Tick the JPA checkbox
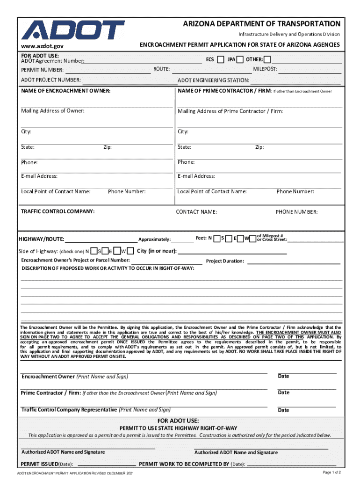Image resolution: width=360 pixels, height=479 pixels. coord(240,59)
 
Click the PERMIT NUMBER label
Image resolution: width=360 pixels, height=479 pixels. coord(42,70)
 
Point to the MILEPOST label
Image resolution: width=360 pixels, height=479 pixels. coord(265,69)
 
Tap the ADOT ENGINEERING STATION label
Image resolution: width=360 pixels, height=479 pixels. coord(213,80)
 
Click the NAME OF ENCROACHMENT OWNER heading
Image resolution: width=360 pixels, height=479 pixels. coord(66,90)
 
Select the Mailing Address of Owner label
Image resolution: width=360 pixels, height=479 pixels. coord(53,111)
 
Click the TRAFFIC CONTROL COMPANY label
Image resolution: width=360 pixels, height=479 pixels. coord(58,211)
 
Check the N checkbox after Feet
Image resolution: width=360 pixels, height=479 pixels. coord(216,239)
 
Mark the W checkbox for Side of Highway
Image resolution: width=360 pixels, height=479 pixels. coord(130,251)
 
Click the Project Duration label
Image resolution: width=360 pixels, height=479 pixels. coord(225,261)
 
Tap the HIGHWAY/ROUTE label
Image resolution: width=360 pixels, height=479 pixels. coord(41,239)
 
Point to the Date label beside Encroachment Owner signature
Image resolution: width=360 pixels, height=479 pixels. coord(283,376)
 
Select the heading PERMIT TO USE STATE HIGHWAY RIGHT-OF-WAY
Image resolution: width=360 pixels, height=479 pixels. coord(179,428)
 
